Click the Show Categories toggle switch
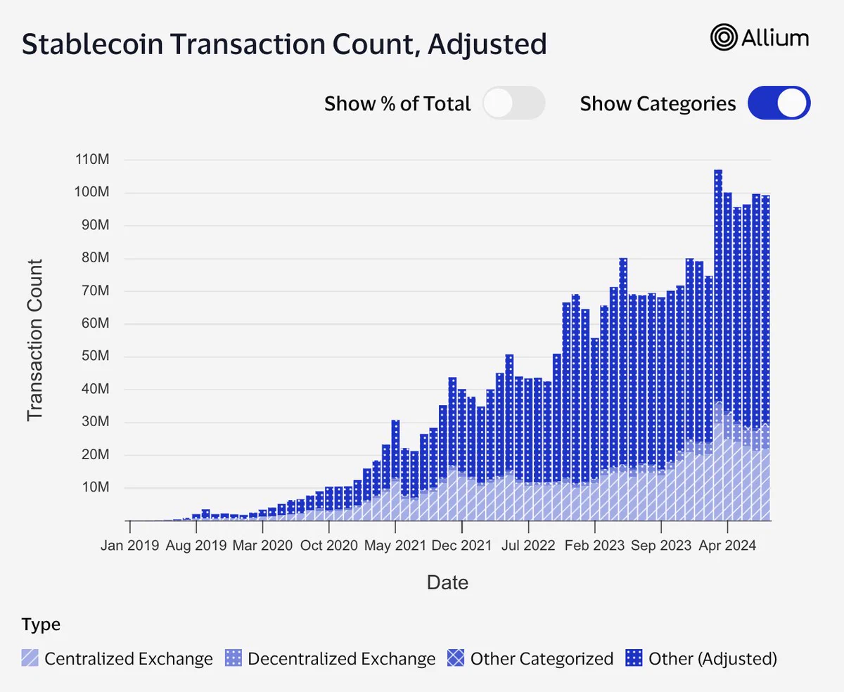779,103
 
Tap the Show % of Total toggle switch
514,103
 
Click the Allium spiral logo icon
724,37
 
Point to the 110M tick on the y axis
92,160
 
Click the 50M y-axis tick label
95,356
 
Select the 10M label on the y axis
95,487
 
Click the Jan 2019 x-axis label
129,545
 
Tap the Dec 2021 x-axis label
462,545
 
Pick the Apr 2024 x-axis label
727,545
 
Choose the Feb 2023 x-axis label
595,545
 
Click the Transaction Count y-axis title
35,340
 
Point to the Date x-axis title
447,582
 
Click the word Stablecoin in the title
92,44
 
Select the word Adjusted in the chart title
487,45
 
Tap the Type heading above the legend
41,624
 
